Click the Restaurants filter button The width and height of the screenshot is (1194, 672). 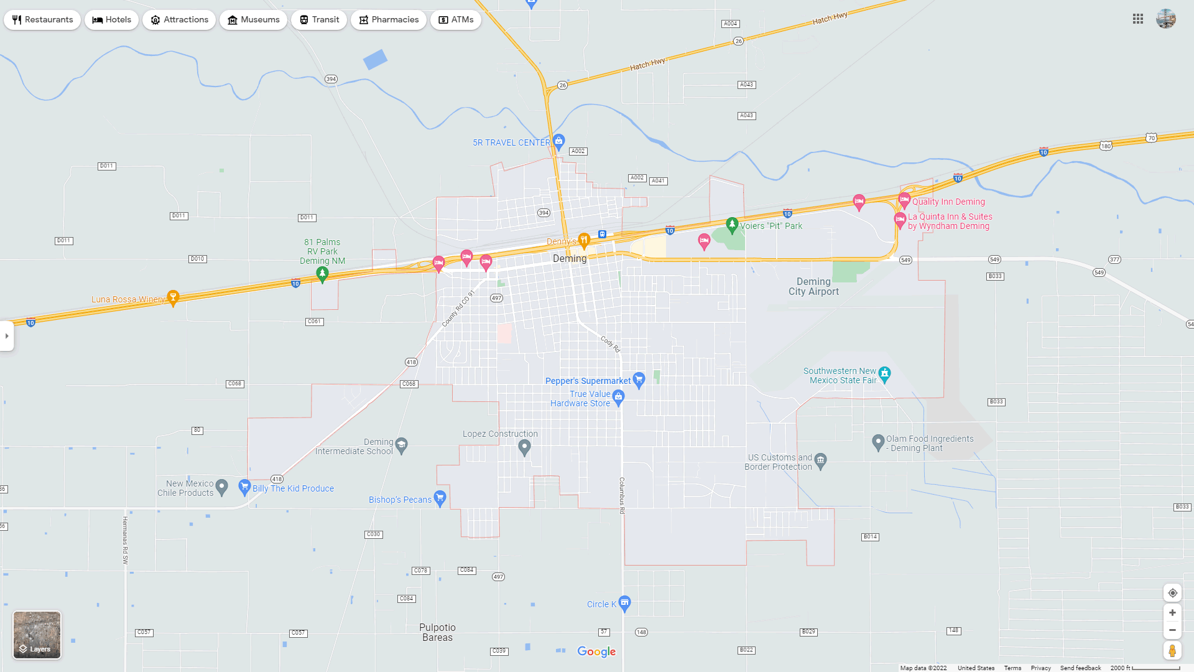pyautogui.click(x=42, y=20)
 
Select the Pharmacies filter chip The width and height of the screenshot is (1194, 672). pyautogui.click(x=388, y=20)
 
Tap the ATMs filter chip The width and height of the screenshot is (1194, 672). pyautogui.click(x=456, y=20)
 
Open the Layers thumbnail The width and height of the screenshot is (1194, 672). pyautogui.click(x=37, y=635)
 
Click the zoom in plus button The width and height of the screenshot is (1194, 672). pyautogui.click(x=1172, y=613)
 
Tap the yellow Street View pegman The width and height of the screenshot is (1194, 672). pyautogui.click(x=1172, y=651)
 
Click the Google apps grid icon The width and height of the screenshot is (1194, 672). pyautogui.click(x=1138, y=19)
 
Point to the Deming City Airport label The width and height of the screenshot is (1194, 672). pyautogui.click(x=813, y=287)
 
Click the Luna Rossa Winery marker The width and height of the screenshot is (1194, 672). pyautogui.click(x=174, y=297)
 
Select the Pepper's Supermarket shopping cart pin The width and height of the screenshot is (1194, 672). pyautogui.click(x=639, y=379)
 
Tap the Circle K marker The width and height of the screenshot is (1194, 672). pyautogui.click(x=625, y=602)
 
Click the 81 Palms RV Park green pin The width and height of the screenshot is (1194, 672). pyautogui.click(x=322, y=273)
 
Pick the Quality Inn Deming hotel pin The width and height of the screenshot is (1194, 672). pyautogui.click(x=904, y=200)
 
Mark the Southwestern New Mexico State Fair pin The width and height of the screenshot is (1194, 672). pyautogui.click(x=884, y=374)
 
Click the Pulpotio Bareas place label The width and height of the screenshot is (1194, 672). pyautogui.click(x=437, y=632)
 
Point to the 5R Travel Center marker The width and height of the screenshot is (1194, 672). pyautogui.click(x=558, y=141)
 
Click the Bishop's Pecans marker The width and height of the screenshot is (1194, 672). pyautogui.click(x=440, y=498)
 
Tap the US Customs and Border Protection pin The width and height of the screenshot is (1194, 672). pyautogui.click(x=820, y=460)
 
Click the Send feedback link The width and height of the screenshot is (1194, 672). pyautogui.click(x=1080, y=668)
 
